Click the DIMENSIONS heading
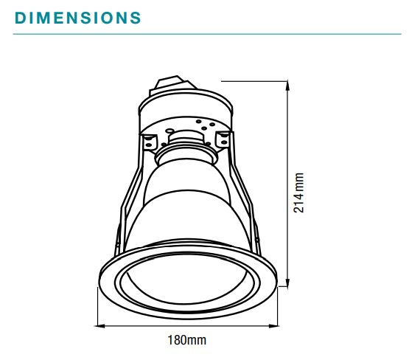(x=77, y=17)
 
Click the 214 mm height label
(x=298, y=193)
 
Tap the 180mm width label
(x=186, y=340)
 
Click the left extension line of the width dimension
(x=99, y=310)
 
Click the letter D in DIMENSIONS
(x=21, y=17)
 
